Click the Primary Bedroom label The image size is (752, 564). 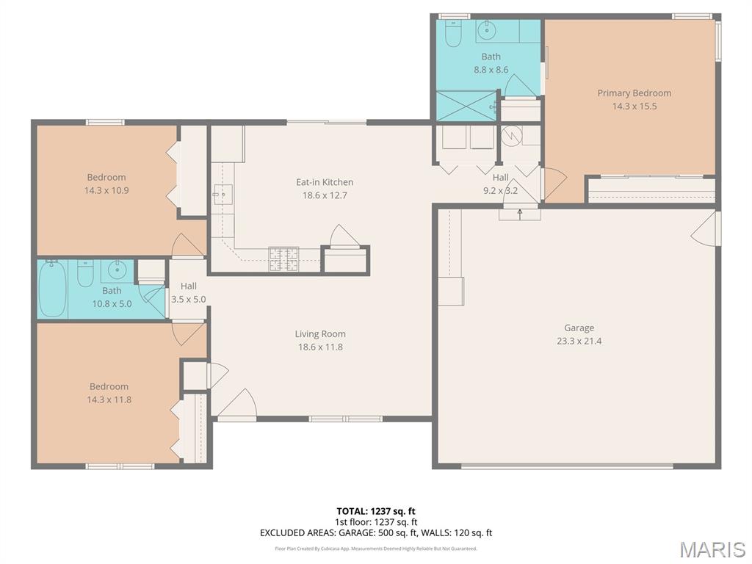(634, 93)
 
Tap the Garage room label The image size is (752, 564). (579, 328)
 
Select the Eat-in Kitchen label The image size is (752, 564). (325, 182)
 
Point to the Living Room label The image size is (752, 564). (320, 334)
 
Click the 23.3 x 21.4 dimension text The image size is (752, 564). (579, 341)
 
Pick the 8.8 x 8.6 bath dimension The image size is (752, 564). (491, 70)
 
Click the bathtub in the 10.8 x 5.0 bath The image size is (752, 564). (52, 289)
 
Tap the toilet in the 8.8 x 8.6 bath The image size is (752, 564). (453, 32)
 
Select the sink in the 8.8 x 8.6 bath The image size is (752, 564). (487, 31)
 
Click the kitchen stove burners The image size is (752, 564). (283, 259)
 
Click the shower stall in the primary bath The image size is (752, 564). (466, 106)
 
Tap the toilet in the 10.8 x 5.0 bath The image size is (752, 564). (85, 273)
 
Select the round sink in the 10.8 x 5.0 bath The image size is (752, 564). (117, 271)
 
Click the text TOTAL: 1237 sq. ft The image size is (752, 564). (376, 511)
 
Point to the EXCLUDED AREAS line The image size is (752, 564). (376, 533)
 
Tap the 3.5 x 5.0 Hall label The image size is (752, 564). (189, 293)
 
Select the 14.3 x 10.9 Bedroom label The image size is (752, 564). (106, 184)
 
